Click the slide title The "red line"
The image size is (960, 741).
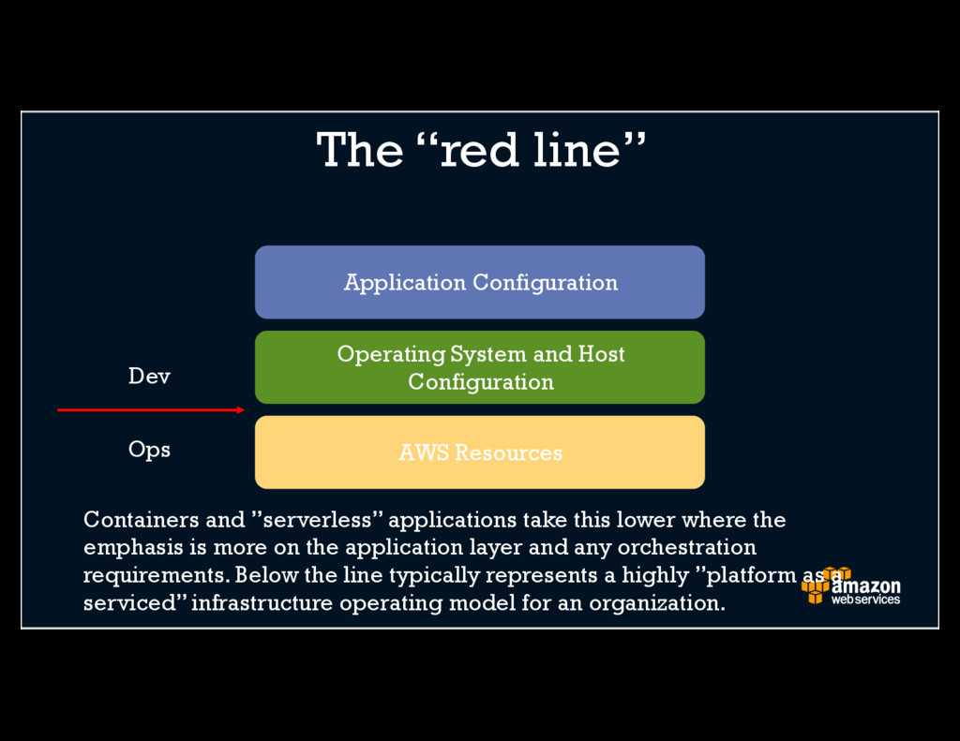[x=481, y=150]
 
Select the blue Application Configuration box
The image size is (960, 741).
[x=479, y=282]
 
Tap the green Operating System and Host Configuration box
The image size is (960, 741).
[x=479, y=367]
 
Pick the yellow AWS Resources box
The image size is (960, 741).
[x=479, y=452]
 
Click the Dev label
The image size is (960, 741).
[x=149, y=377]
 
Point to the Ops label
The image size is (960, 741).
[x=149, y=450]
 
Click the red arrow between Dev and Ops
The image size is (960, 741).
[x=150, y=409]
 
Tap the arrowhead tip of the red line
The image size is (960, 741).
[x=242, y=409]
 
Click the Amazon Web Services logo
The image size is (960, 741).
[x=850, y=586]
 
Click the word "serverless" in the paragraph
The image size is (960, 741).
[x=318, y=519]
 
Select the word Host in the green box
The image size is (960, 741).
[x=601, y=354]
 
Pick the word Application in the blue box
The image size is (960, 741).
[x=404, y=282]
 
